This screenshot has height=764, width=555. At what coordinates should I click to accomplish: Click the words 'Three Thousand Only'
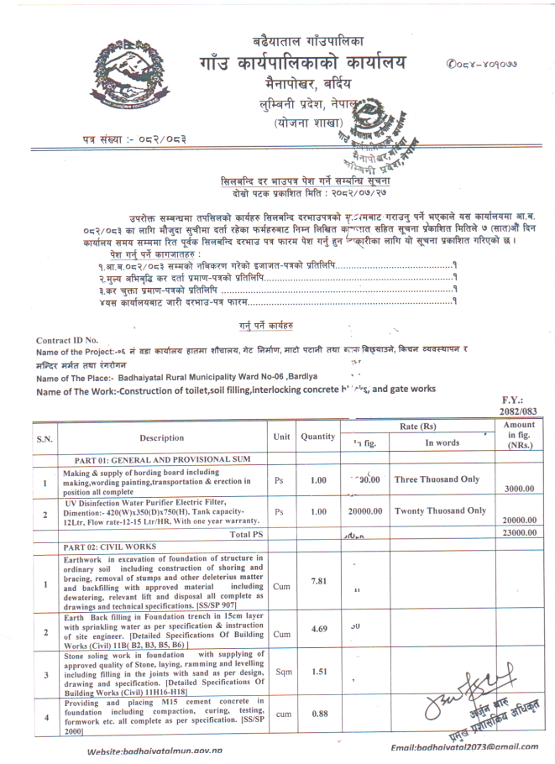pyautogui.click(x=437, y=479)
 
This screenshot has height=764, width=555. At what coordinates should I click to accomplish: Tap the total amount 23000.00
pyautogui.click(x=521, y=532)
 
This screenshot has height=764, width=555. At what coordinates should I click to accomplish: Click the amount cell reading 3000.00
pyautogui.click(x=521, y=489)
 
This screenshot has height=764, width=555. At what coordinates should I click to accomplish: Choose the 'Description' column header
pyautogui.click(x=162, y=437)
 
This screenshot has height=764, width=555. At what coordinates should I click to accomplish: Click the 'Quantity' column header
pyautogui.click(x=318, y=437)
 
